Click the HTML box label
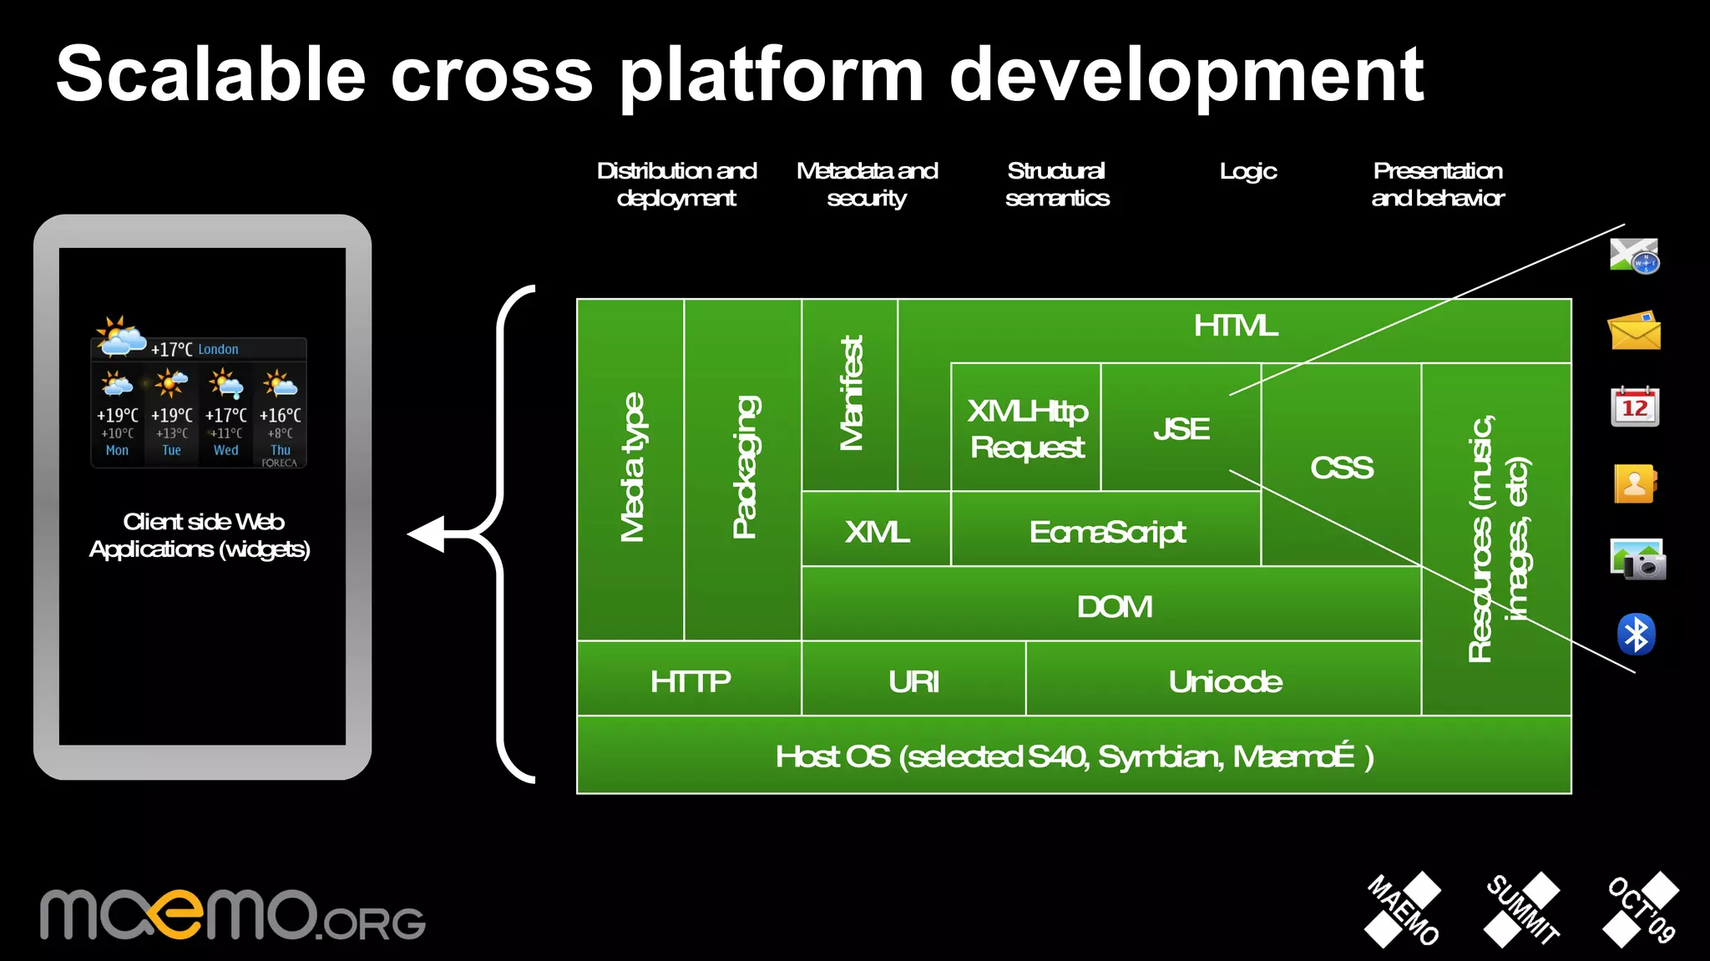[1235, 326]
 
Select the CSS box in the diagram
[1341, 468]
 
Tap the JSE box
[1181, 429]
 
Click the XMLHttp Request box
[1026, 429]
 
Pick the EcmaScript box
[1106, 532]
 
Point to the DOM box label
[1114, 607]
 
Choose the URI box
[913, 682]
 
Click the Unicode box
[1224, 682]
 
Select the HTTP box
[690, 682]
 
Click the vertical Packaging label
[744, 468]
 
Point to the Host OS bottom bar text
[1074, 756]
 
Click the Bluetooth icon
[1636, 635]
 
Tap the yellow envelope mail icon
[1634, 331]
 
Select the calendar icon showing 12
[1634, 407]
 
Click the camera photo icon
[1637, 559]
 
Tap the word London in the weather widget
[218, 350]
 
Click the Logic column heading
[1247, 171]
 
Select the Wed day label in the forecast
[225, 450]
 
